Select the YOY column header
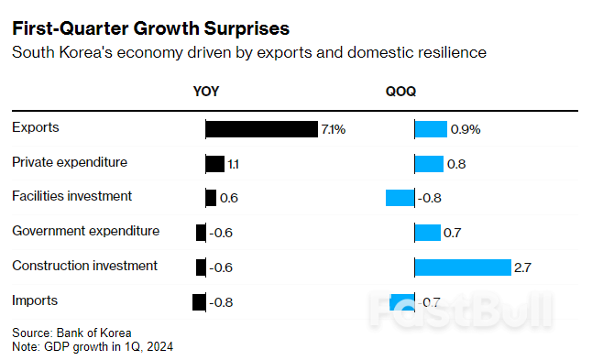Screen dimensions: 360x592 [x=205, y=92]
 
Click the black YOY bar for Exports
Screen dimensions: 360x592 [x=261, y=129]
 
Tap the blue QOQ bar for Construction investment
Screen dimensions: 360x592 [x=463, y=267]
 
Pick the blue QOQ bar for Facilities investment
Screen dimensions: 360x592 [x=400, y=198]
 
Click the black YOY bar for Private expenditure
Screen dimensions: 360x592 [x=214, y=164]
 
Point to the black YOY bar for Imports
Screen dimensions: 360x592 [x=199, y=301]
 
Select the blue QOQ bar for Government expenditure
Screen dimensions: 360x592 [x=428, y=233]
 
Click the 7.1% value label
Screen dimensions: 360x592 [x=333, y=130]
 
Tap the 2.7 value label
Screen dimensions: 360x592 [x=523, y=267]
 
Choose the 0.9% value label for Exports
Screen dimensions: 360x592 [x=466, y=130]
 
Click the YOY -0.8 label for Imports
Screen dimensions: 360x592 [x=221, y=302]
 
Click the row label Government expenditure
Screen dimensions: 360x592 [x=85, y=231]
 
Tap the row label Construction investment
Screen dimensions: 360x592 [x=84, y=266]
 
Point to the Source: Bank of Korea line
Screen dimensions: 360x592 [x=71, y=333]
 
